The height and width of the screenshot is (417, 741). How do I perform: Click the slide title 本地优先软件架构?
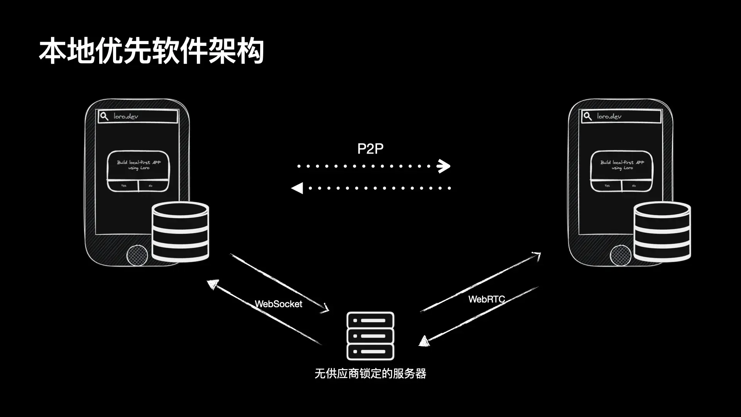tap(151, 51)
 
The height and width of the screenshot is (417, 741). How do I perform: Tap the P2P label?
tap(370, 149)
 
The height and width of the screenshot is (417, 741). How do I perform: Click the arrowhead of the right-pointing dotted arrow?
tap(444, 166)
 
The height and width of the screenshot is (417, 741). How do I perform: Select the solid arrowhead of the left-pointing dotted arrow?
tap(297, 188)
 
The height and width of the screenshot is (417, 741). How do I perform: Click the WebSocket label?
tap(278, 304)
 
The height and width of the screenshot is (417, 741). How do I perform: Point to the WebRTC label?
tap(486, 299)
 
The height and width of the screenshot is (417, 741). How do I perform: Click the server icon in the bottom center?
tap(370, 336)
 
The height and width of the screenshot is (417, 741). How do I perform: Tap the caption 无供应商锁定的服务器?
tap(370, 373)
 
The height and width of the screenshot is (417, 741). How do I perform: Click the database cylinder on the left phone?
tap(180, 232)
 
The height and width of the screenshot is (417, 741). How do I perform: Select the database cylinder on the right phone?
tap(662, 232)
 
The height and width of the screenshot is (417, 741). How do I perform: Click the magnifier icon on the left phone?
tap(104, 116)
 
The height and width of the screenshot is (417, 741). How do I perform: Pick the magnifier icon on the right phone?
tap(587, 116)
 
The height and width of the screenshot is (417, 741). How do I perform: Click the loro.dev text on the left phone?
tap(126, 116)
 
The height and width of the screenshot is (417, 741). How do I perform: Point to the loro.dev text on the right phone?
tap(609, 116)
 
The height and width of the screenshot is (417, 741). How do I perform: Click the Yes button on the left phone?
tap(123, 186)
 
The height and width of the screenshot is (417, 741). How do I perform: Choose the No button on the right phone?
tap(634, 186)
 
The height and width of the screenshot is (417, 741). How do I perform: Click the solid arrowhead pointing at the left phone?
tap(213, 284)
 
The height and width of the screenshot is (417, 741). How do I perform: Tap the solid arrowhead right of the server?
tap(424, 341)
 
